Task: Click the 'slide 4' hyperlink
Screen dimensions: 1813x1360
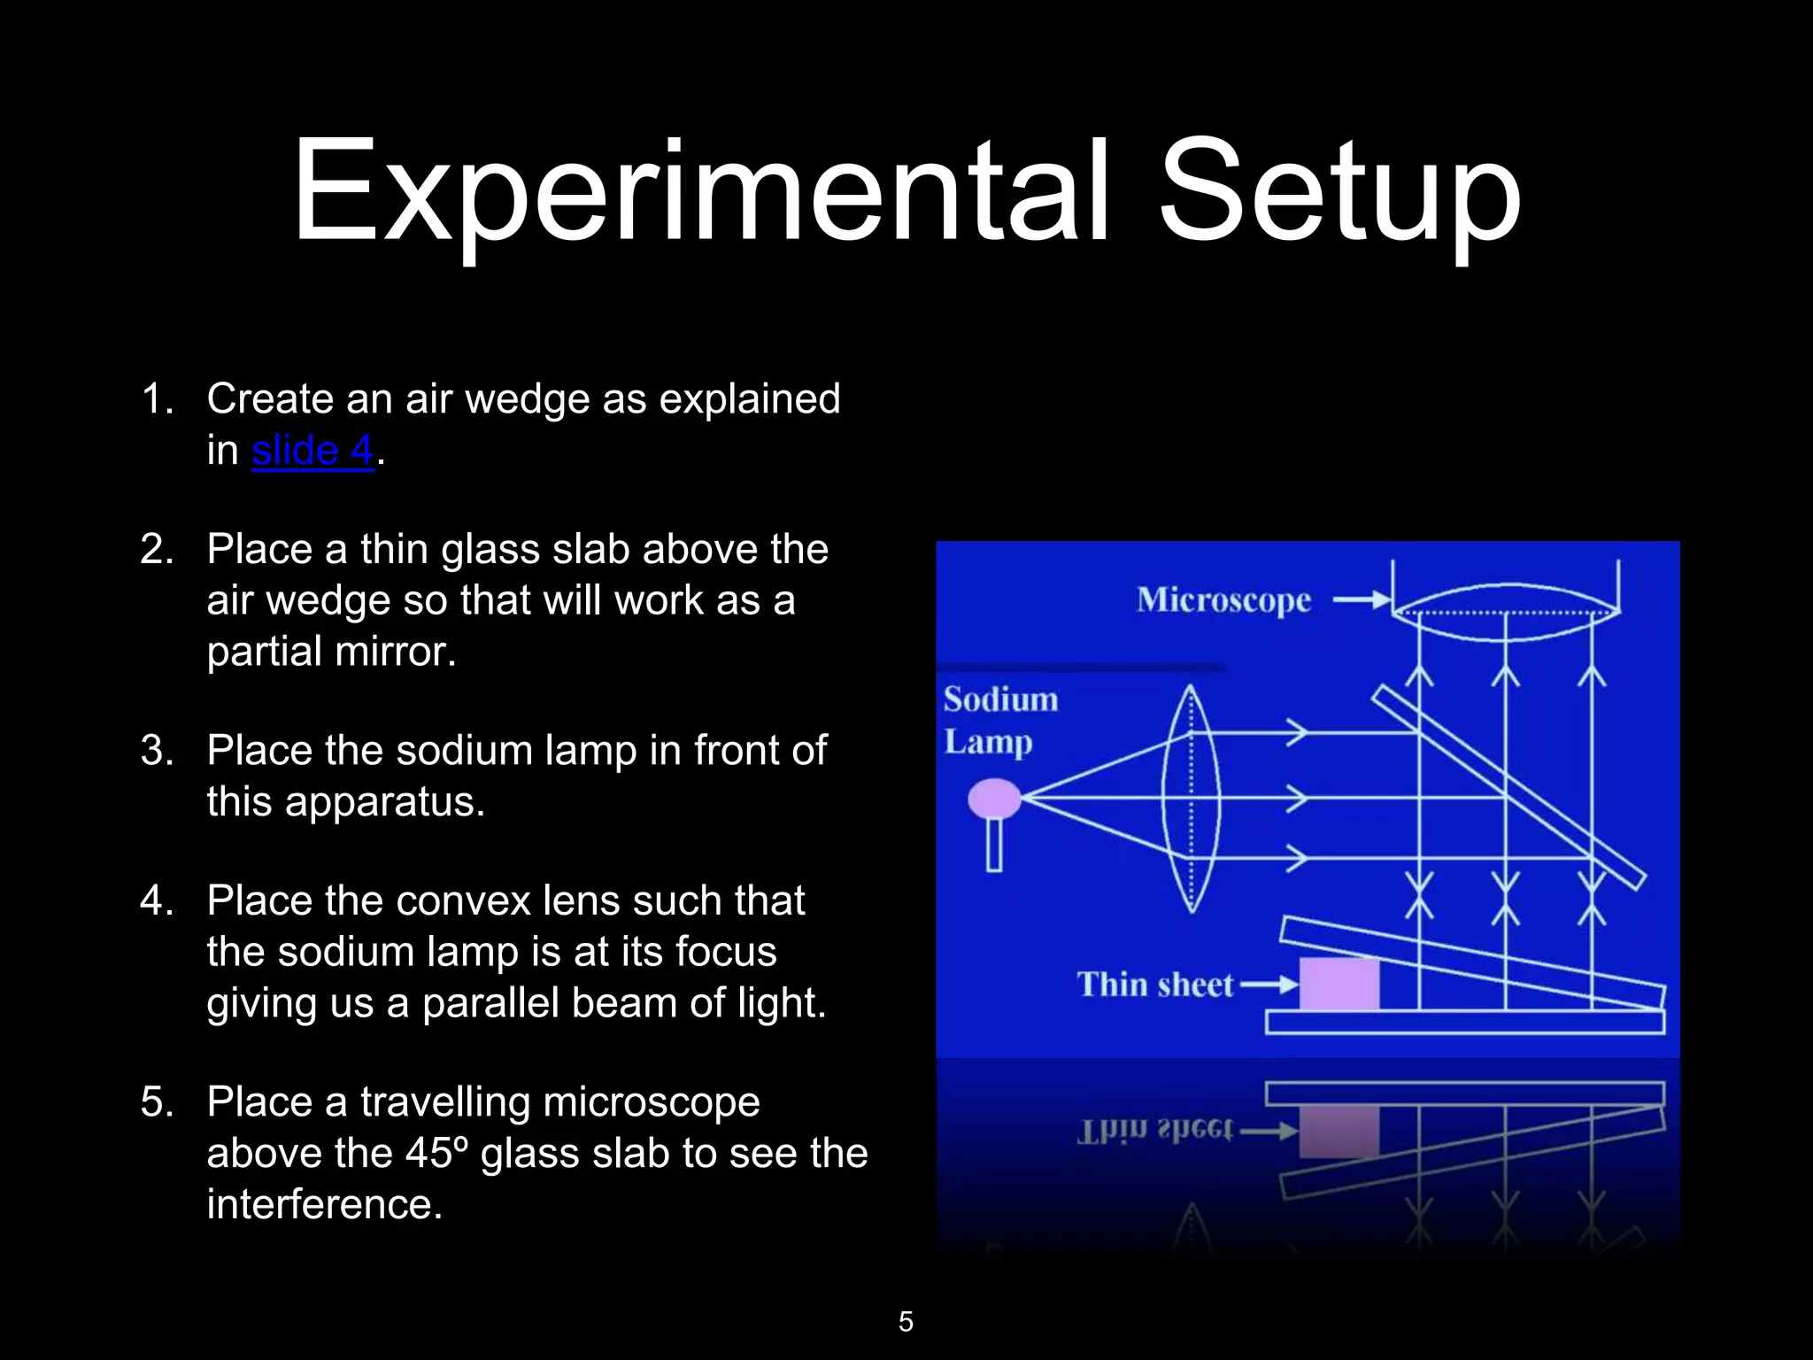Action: tap(312, 451)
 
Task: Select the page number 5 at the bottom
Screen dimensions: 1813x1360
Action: tap(906, 1322)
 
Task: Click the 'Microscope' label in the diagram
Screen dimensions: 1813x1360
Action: tap(1223, 600)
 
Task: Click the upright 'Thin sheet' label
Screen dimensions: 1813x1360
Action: tap(1154, 985)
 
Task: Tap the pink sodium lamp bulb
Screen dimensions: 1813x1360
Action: tap(994, 798)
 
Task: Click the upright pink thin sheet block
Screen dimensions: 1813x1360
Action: tap(1339, 984)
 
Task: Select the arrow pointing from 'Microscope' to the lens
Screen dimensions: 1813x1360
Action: tap(1362, 600)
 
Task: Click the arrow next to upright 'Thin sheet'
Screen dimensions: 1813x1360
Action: tap(1268, 985)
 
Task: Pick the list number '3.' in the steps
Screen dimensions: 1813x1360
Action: tap(157, 751)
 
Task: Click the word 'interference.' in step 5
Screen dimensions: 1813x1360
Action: tap(325, 1204)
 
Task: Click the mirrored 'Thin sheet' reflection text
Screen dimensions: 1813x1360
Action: tap(1154, 1131)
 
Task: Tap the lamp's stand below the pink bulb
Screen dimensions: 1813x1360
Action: tap(994, 844)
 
